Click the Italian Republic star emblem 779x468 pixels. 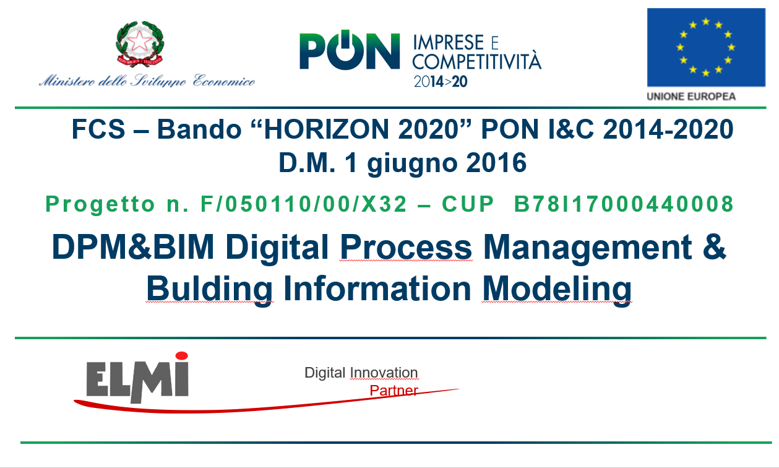tap(140, 43)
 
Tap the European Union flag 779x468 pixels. tap(706, 47)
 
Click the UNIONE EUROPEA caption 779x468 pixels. tap(691, 97)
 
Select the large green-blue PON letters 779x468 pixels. tap(350, 51)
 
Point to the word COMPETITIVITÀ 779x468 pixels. tap(477, 62)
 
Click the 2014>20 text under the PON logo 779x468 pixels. tap(441, 82)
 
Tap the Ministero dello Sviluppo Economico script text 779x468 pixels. tap(147, 80)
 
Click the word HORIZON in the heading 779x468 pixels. tap(326, 129)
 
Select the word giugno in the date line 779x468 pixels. tap(412, 163)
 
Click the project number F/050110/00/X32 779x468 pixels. tap(304, 204)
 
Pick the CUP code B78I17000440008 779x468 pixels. tap(624, 204)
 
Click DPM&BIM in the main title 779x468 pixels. tap(133, 247)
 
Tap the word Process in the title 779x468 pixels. tap(406, 247)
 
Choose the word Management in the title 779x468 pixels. tap(588, 248)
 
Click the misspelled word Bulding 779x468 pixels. tap(209, 290)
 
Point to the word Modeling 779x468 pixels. tap(557, 290)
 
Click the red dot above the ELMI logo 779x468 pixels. tap(181, 355)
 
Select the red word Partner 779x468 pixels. tap(394, 391)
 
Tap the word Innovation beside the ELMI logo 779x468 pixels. tap(384, 373)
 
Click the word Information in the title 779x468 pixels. tap(377, 288)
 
